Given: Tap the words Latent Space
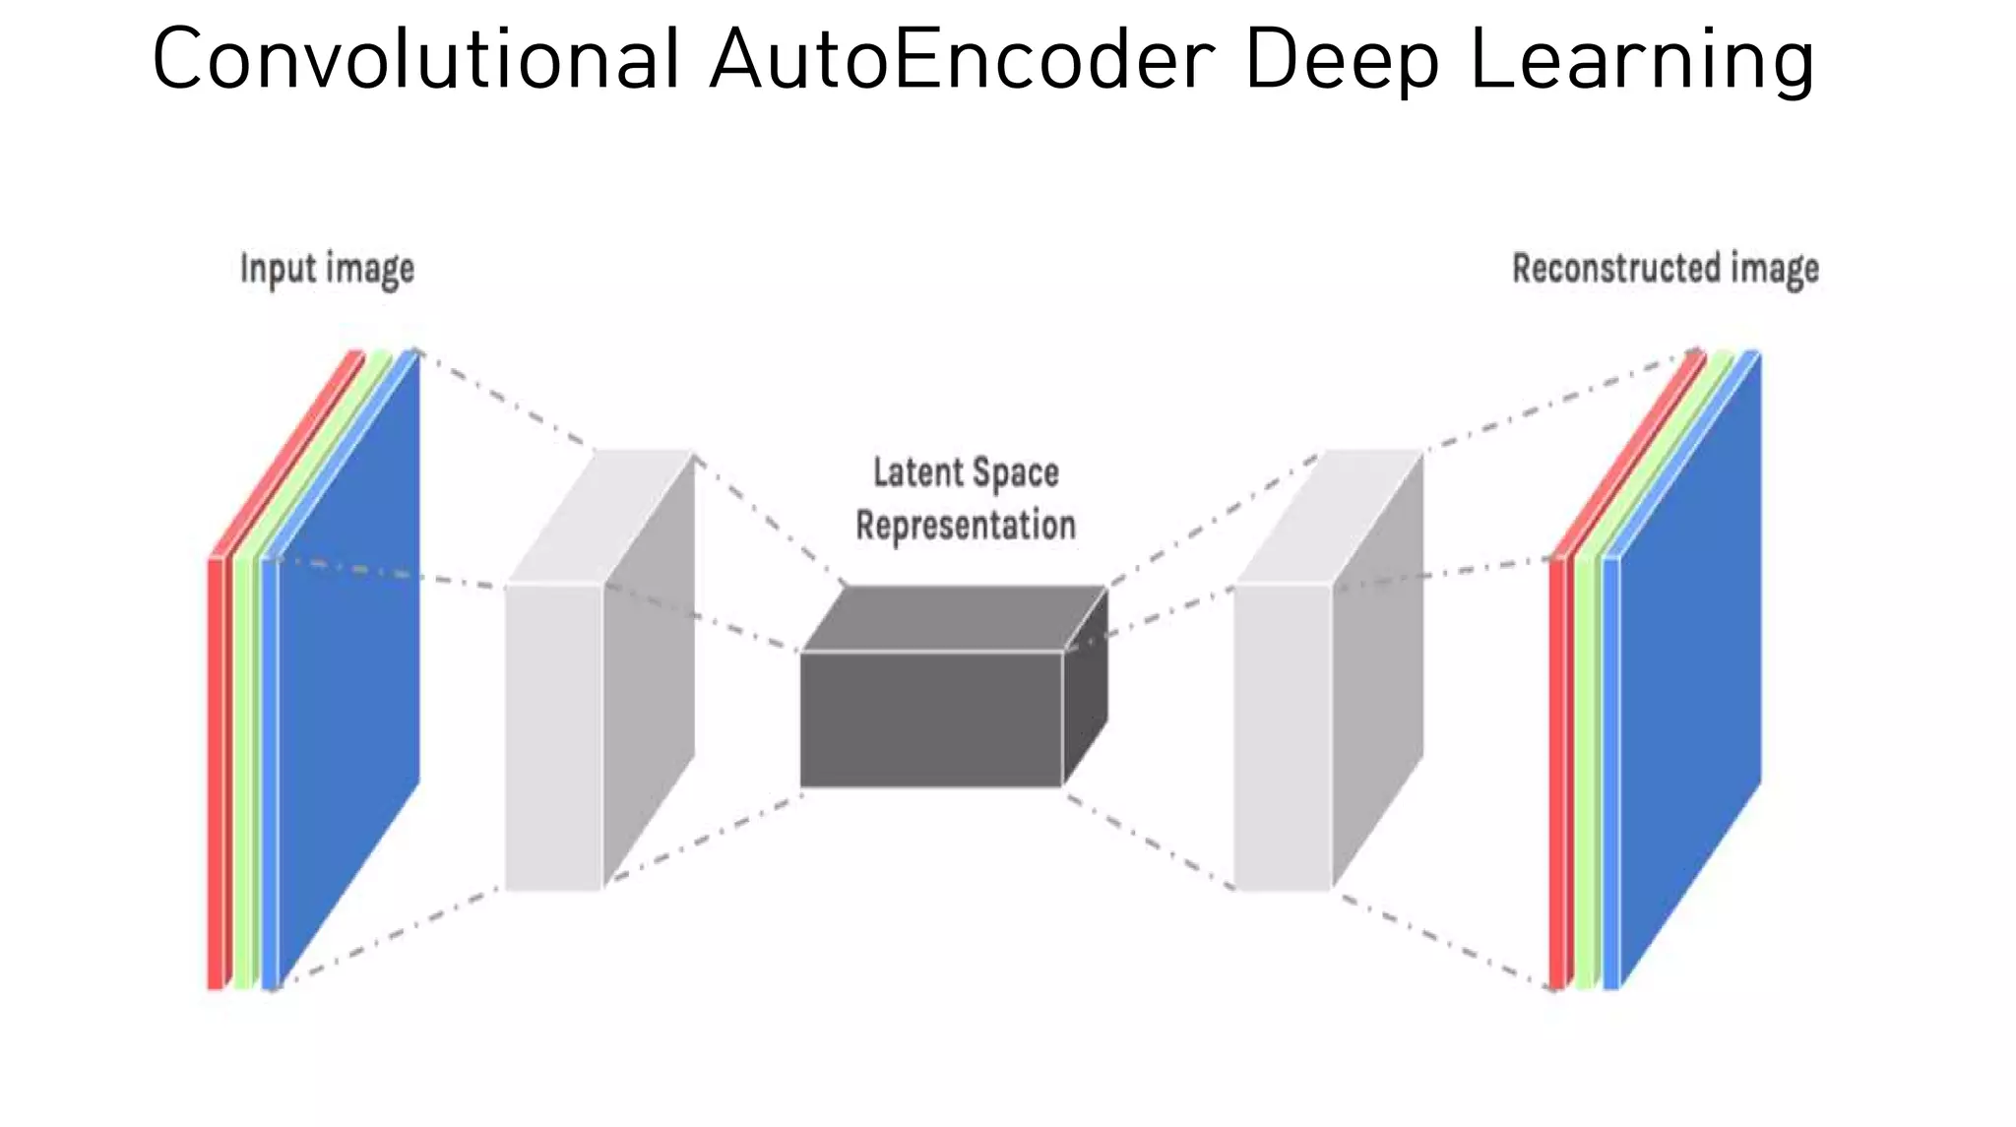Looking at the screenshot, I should click(966, 473).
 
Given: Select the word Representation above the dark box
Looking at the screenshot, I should click(966, 526).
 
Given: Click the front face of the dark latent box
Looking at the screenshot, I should click(930, 720).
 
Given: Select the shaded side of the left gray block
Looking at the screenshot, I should click(649, 669).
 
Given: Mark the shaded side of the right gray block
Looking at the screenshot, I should click(1377, 669).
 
